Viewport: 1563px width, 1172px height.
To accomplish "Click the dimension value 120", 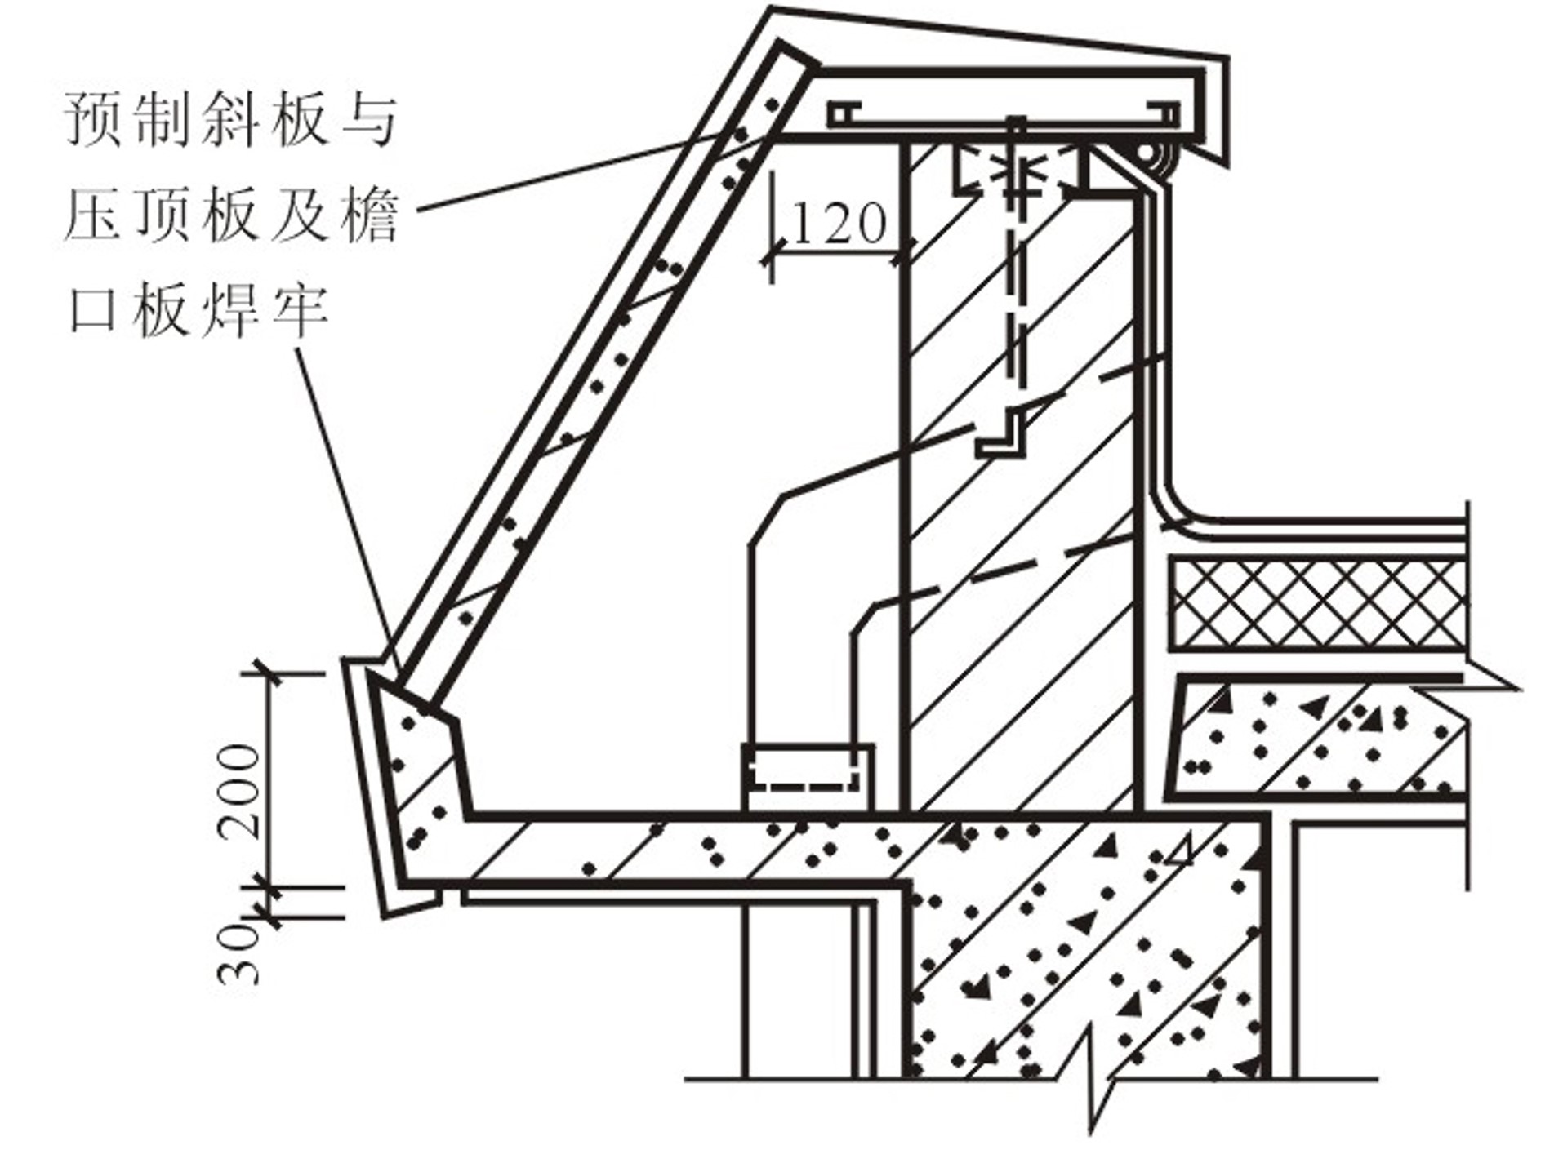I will click(839, 224).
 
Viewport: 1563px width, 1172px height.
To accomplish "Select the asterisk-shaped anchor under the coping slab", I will click(1016, 175).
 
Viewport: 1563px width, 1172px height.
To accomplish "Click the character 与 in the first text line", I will click(370, 120).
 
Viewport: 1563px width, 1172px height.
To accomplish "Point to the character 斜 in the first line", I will click(232, 120).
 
